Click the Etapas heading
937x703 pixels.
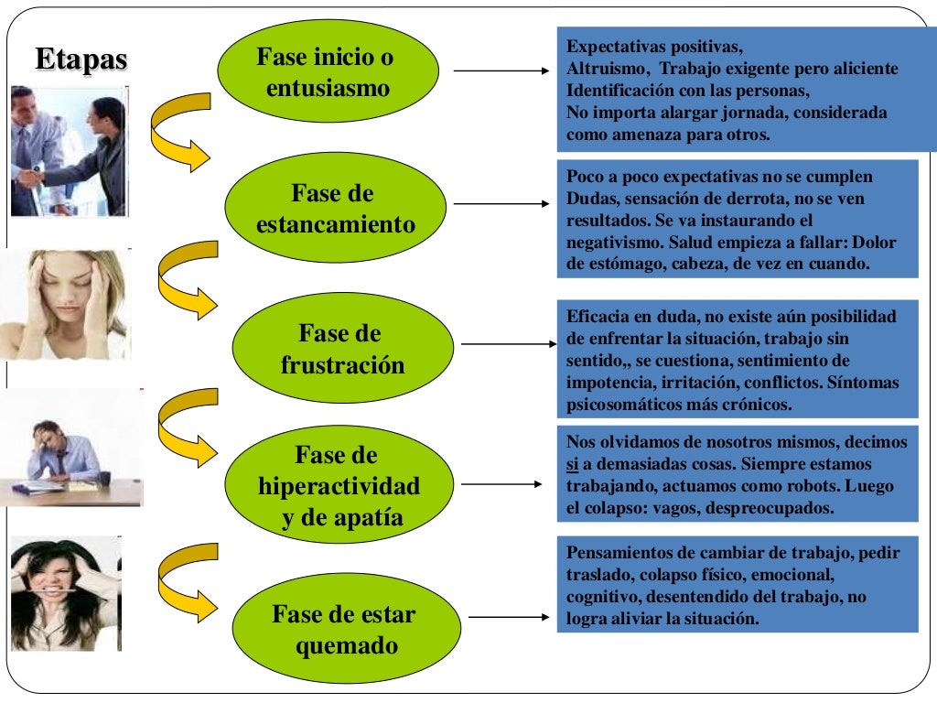pyautogui.click(x=81, y=59)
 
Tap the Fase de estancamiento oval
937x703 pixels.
pyautogui.click(x=334, y=209)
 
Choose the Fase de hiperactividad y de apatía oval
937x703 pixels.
pyautogui.click(x=338, y=486)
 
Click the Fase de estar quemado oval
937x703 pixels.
pyautogui.click(x=341, y=629)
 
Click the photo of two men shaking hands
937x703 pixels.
pyautogui.click(x=69, y=151)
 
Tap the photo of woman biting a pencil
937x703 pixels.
pyautogui.click(x=65, y=593)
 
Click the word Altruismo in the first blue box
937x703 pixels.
pyautogui.click(x=608, y=70)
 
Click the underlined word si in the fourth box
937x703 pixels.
pyautogui.click(x=573, y=464)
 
